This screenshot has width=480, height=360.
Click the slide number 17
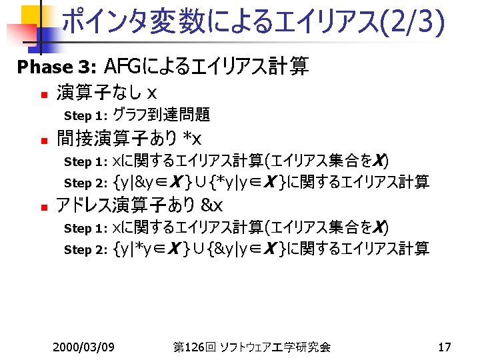click(445, 347)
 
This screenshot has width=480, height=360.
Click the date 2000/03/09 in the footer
click(84, 347)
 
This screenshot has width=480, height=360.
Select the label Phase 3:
click(57, 67)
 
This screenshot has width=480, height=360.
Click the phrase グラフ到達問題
click(162, 115)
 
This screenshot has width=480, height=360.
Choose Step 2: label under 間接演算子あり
click(86, 183)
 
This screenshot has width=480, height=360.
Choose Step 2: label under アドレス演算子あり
click(86, 250)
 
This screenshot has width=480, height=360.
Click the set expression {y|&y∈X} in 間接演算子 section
click(151, 182)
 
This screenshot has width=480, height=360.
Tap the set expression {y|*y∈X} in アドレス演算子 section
click(150, 249)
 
